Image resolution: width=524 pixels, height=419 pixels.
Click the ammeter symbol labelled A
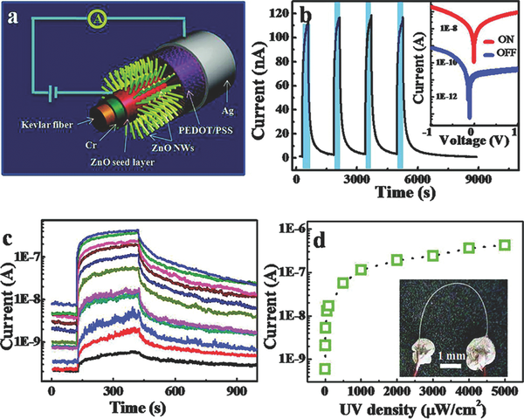[x=98, y=18]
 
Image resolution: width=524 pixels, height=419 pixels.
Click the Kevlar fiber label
[x=47, y=126]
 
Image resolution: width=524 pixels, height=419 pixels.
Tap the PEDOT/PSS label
[x=205, y=130]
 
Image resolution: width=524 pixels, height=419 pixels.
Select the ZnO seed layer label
[x=122, y=162]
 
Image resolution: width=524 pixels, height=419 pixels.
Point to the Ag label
[x=228, y=111]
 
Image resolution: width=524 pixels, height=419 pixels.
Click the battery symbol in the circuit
[x=53, y=93]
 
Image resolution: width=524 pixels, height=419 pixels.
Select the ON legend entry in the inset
[x=498, y=40]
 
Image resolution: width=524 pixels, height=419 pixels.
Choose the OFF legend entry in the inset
[x=500, y=52]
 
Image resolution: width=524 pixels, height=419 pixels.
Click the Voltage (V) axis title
[x=473, y=141]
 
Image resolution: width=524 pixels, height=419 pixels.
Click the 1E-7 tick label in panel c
[x=28, y=257]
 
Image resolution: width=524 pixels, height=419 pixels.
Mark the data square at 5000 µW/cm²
[x=505, y=245]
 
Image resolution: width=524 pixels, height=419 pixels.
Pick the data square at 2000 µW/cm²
[x=397, y=259]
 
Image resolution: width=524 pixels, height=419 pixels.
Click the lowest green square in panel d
[x=325, y=368]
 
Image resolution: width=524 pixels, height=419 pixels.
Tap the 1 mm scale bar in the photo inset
[x=451, y=366]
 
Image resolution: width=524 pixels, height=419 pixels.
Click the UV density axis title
[x=412, y=409]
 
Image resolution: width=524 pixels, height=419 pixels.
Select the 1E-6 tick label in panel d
[x=293, y=229]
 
